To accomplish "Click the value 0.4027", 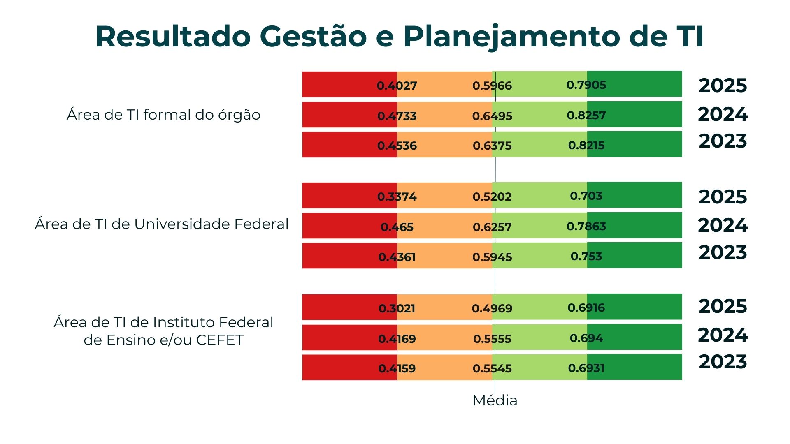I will pos(397,86).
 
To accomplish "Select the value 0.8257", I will pos(586,115).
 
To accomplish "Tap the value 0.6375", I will pos(492,146).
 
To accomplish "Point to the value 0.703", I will pos(586,196).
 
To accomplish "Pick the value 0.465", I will pos(397,227).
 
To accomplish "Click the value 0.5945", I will pos(492,257).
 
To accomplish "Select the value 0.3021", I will pos(397,308).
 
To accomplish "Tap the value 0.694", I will pos(586,338).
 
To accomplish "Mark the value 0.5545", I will pos(492,368).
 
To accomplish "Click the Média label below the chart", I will pos(495,400).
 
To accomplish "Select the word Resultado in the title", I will pos(173,37).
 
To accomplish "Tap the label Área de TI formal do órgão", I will pos(163,115).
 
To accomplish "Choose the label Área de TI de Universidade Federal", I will pos(162,224).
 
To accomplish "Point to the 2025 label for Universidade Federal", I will pos(723,197).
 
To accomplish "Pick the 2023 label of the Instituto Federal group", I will pos(723,362).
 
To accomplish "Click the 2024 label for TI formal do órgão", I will pos(723,114).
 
